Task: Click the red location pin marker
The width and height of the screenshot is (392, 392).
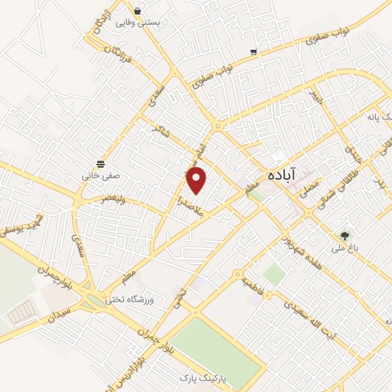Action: point(198,180)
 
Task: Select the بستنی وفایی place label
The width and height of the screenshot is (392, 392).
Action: point(139,23)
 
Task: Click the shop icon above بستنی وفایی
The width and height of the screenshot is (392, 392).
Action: point(137,11)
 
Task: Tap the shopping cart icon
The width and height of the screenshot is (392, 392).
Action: point(253,52)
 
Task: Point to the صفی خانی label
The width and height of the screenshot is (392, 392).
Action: point(98,175)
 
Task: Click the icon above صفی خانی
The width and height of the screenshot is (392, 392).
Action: point(100,164)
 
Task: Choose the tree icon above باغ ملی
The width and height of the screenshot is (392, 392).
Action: point(345,235)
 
